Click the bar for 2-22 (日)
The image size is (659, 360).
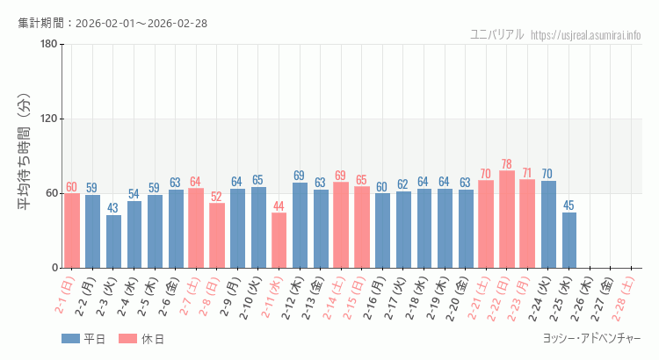[507, 220]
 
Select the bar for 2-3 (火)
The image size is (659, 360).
[113, 241]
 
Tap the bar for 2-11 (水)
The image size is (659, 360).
[279, 241]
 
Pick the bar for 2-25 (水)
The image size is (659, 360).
[569, 240]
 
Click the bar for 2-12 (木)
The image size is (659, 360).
[300, 225]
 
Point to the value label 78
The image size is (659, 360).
[507, 164]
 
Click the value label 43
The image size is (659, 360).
[113, 208]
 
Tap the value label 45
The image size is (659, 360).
[569, 205]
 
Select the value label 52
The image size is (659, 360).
[216, 197]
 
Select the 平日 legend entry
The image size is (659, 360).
[83, 339]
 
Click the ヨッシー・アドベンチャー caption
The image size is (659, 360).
[593, 338]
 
